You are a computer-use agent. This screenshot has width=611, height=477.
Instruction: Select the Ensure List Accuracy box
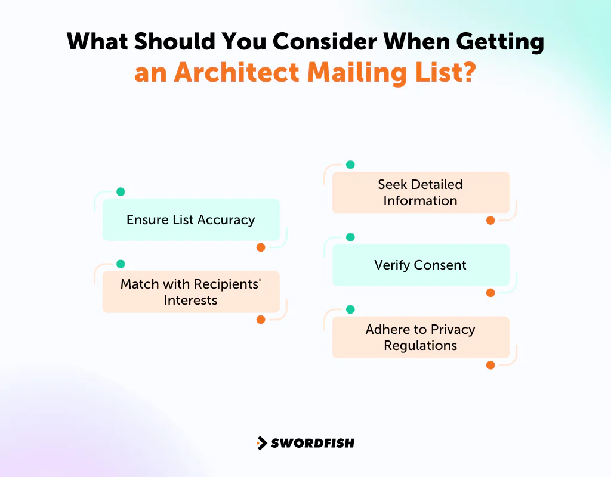tap(191, 219)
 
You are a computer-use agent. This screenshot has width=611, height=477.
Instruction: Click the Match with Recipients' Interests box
tap(191, 292)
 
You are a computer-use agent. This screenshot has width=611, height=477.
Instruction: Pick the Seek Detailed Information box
tap(421, 193)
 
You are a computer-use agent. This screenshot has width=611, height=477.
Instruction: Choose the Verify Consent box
tap(421, 265)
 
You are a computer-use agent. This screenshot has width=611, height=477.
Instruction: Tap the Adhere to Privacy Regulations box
tap(421, 337)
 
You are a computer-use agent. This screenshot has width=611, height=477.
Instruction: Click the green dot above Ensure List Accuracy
tap(121, 192)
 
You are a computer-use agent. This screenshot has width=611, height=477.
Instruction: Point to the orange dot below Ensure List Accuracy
tap(261, 247)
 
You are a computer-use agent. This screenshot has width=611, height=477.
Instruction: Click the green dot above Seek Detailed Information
tap(350, 165)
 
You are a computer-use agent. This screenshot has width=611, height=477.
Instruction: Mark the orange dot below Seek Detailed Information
tap(490, 221)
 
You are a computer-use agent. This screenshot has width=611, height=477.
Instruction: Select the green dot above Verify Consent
tap(350, 237)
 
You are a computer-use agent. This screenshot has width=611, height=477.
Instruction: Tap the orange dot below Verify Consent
tap(490, 293)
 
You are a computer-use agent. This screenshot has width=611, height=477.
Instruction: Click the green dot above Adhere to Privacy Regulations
tap(350, 309)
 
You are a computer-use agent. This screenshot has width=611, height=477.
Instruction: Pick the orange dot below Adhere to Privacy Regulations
tap(490, 365)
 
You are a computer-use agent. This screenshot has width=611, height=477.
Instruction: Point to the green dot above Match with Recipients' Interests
tap(121, 264)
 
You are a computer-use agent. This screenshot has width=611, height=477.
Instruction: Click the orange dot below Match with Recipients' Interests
tap(261, 320)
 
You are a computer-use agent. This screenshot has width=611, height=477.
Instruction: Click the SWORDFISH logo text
tap(313, 443)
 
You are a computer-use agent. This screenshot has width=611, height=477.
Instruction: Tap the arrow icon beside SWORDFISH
tap(261, 443)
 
